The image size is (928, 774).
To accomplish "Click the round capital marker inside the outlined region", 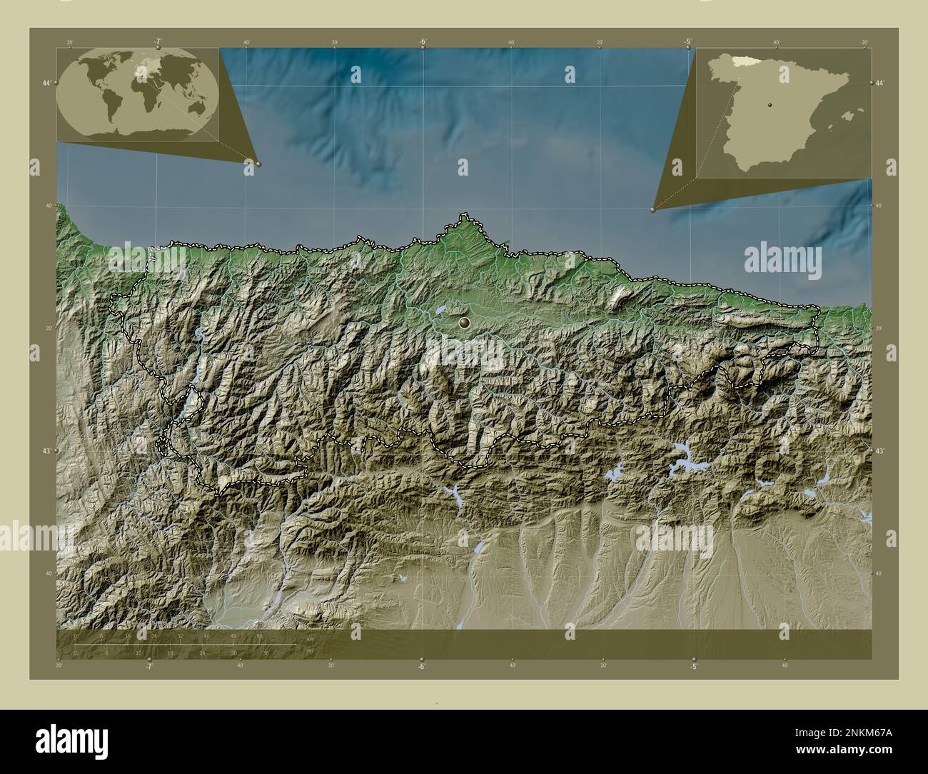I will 465,324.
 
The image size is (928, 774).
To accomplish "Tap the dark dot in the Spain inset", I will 769,104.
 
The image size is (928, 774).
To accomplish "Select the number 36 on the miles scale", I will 266,653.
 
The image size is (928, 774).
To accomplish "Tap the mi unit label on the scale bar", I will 308,650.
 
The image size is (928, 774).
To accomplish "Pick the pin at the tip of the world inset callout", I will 258,164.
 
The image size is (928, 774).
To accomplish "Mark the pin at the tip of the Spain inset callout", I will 653,209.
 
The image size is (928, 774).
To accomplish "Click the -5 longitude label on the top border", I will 687,41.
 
